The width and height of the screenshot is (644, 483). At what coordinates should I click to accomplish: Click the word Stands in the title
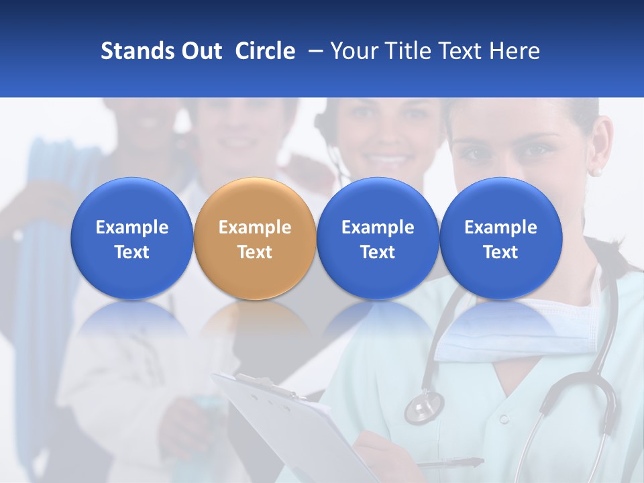pyautogui.click(x=136, y=51)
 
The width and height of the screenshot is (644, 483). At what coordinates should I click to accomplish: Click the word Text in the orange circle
pyautogui.click(x=255, y=252)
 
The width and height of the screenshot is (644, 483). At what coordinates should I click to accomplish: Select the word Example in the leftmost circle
pyautogui.click(x=131, y=227)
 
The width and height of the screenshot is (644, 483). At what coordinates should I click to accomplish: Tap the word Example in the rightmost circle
pyautogui.click(x=500, y=227)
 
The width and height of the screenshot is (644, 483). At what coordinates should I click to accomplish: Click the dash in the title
pyautogui.click(x=315, y=51)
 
